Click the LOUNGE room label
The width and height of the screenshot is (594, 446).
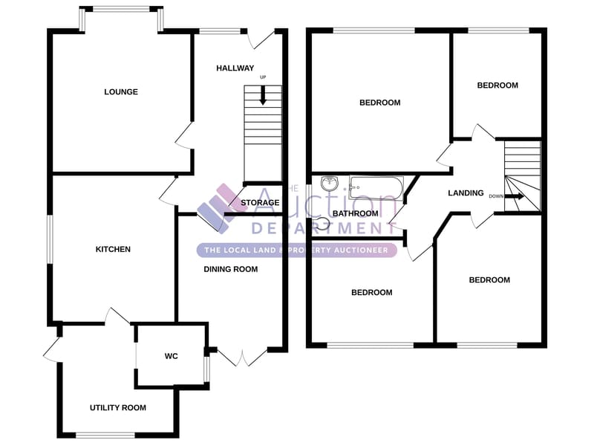121,91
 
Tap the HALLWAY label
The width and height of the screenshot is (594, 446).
235,68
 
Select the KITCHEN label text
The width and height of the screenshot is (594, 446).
113,249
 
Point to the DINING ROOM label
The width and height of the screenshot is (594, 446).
231,269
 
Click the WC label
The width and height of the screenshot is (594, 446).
172,356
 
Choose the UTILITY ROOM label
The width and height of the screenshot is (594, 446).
118,407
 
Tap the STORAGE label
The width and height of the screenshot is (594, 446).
260,203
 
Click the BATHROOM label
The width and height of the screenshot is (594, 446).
356,213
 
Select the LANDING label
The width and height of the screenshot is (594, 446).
466,193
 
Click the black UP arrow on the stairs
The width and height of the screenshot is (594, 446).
263,96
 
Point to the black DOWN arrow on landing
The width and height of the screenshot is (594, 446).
515,196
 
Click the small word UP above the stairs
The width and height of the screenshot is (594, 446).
263,77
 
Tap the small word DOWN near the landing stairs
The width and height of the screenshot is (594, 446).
496,196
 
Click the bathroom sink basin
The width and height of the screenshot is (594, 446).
330,184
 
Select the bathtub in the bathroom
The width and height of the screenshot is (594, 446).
376,188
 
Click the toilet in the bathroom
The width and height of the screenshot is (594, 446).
322,224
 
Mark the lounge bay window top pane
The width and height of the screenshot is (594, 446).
121,9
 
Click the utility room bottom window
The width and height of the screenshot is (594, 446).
105,435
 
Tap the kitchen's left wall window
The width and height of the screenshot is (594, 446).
50,239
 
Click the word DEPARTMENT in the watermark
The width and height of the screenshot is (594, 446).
319,228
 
